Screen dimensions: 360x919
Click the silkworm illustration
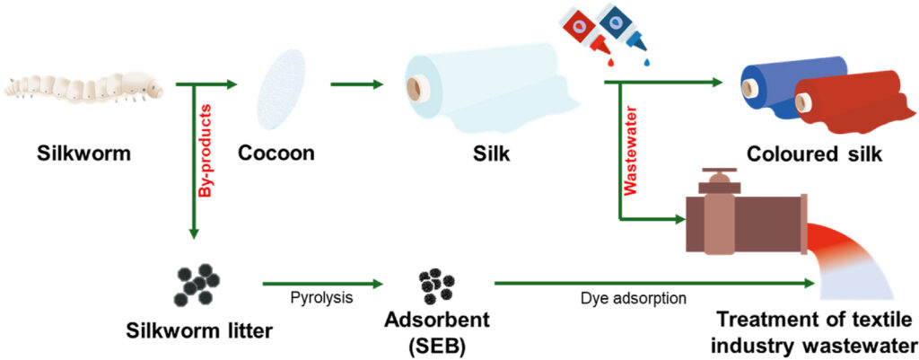coord(86,85)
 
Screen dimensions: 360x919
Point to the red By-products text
coord(205,148)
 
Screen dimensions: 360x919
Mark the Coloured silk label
coord(816,154)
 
